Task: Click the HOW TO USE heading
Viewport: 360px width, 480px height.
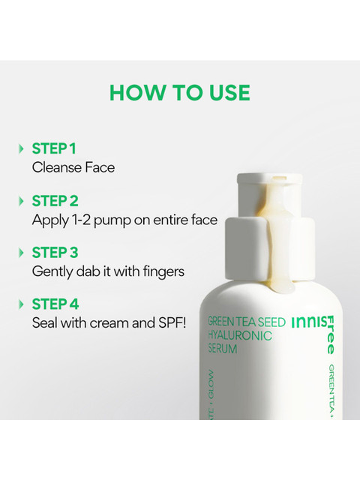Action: [x=180, y=92]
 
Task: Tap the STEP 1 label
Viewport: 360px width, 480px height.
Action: [x=54, y=148]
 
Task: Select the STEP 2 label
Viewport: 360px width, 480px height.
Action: [x=55, y=201]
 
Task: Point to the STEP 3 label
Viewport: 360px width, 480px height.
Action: [x=55, y=253]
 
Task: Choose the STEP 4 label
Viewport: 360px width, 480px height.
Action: [x=55, y=304]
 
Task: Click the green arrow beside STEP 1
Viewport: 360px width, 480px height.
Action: [x=21, y=148]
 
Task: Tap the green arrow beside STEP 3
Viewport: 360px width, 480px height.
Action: [x=21, y=253]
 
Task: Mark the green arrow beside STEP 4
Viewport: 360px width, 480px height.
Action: [x=21, y=304]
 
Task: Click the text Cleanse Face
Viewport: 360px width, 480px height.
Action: [x=73, y=167]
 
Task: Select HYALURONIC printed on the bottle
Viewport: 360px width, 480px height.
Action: [x=240, y=335]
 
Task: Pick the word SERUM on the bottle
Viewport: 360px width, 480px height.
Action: [x=223, y=349]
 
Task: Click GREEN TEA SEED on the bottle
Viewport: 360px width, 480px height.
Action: [x=247, y=322]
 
